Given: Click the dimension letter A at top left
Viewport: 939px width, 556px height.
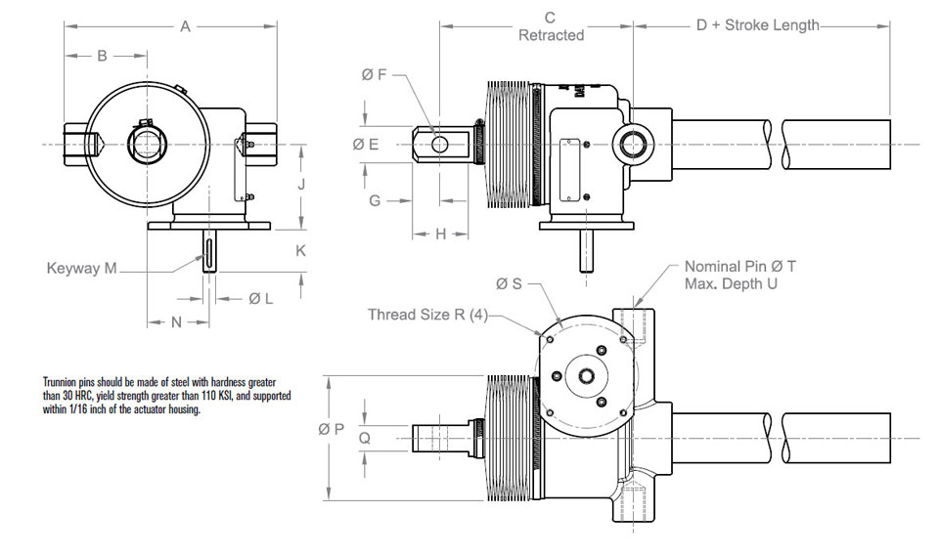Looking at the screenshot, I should coord(185,27).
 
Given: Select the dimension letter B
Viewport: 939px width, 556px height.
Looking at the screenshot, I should coord(102,57).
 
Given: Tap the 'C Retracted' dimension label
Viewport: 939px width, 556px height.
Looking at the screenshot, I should coord(551,26).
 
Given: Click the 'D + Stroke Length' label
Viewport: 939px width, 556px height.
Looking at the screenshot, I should coord(757,25).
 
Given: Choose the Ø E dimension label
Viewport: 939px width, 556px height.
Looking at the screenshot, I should coord(365,145).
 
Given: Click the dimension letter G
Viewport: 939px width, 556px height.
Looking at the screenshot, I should coord(375,200).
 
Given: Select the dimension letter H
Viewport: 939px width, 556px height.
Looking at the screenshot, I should coord(439,235).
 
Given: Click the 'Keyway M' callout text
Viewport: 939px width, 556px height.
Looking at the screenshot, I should coord(81,268).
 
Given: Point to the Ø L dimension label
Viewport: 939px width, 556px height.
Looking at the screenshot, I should coord(260,299).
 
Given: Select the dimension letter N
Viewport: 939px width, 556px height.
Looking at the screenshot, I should coord(177,322).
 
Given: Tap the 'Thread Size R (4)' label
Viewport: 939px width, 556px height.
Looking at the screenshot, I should coord(427,315).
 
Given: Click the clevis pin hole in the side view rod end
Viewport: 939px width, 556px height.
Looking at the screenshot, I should coord(440,145).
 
